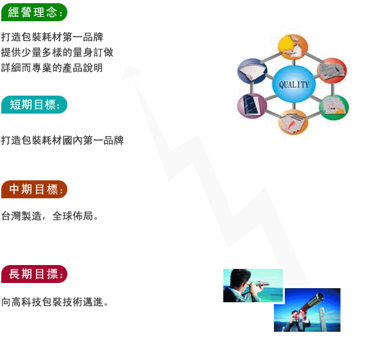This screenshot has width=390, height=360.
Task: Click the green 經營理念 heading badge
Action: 35,12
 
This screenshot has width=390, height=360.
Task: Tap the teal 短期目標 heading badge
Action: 35,105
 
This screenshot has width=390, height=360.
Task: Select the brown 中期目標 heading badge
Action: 35,189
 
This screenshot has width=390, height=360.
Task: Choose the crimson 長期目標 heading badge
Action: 35,274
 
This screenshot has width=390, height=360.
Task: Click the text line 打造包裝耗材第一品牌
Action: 52,37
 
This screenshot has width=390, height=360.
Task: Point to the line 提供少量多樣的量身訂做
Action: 57,52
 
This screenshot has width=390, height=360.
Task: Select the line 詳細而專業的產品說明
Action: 52,67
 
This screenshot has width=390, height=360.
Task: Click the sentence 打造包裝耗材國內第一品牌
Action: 62,141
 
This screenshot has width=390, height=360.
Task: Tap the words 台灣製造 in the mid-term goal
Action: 21,216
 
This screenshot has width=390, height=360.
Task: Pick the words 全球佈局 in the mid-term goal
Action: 72,216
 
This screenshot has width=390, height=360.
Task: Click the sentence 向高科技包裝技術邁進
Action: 52,302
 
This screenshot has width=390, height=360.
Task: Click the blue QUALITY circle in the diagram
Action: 294,84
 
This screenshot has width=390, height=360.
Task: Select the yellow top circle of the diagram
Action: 293,47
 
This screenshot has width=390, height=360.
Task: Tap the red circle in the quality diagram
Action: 332,71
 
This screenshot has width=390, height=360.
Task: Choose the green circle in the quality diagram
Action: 334,107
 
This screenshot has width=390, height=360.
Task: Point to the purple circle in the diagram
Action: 252,106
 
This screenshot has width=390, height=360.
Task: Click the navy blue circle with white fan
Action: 252,71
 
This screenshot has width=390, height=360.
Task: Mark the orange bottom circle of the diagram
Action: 294,122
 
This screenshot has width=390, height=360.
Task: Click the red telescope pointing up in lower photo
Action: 312,302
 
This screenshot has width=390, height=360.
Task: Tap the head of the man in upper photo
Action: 240,279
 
